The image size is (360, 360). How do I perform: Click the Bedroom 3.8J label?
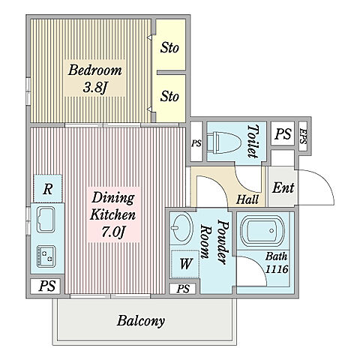(x=94, y=79)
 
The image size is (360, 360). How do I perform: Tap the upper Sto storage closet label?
(x=169, y=47)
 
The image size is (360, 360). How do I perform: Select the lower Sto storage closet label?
(x=169, y=96)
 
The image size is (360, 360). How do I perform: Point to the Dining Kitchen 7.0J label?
(x=113, y=214)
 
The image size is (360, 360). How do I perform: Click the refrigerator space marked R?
(x=48, y=189)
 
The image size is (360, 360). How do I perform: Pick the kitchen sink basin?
(x=46, y=220)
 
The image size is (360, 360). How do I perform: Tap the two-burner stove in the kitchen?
(x=46, y=256)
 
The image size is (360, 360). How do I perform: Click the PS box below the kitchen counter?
(x=46, y=286)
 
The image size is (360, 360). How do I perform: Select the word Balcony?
(x=141, y=321)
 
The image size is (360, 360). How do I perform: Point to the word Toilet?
(x=253, y=141)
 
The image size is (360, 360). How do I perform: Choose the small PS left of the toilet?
(x=196, y=143)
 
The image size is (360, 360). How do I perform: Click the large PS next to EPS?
(x=283, y=133)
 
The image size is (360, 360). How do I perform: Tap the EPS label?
(x=303, y=136)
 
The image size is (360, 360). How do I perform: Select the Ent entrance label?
(x=283, y=187)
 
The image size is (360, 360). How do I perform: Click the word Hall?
(x=247, y=199)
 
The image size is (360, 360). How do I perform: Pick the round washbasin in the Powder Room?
(x=181, y=227)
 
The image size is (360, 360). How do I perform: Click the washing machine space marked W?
(x=185, y=264)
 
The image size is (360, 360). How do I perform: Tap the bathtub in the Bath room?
(x=262, y=231)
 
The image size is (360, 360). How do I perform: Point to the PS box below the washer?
(x=184, y=289)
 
